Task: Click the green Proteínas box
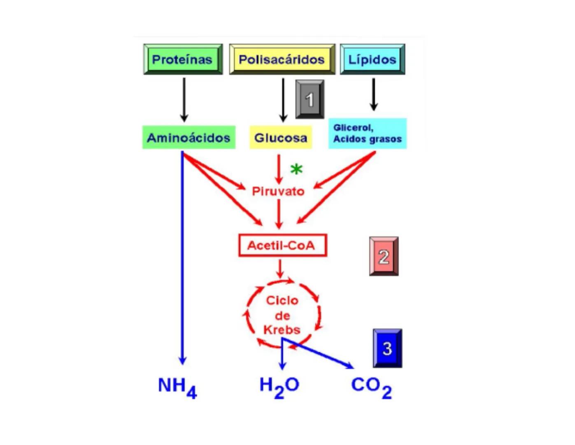pyautogui.click(x=183, y=59)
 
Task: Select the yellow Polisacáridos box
pyautogui.click(x=282, y=59)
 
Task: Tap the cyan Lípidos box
pyautogui.click(x=372, y=59)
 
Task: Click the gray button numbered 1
pyautogui.click(x=310, y=99)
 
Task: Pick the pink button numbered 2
pyautogui.click(x=384, y=256)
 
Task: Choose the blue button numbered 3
pyautogui.click(x=387, y=348)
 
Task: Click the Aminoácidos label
pyautogui.click(x=189, y=138)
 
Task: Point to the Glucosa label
pyautogui.click(x=281, y=138)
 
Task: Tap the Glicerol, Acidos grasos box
pyautogui.click(x=367, y=133)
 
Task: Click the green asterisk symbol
pyautogui.click(x=296, y=169)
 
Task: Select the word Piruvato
pyautogui.click(x=278, y=191)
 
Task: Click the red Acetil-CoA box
pyautogui.click(x=282, y=246)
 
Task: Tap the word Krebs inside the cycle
pyautogui.click(x=282, y=330)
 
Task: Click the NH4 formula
pyautogui.click(x=177, y=386)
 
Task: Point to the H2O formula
pyautogui.click(x=279, y=386)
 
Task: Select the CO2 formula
pyautogui.click(x=371, y=386)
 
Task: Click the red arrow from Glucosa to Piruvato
pyautogui.click(x=279, y=169)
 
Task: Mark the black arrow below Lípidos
pyautogui.click(x=373, y=94)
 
